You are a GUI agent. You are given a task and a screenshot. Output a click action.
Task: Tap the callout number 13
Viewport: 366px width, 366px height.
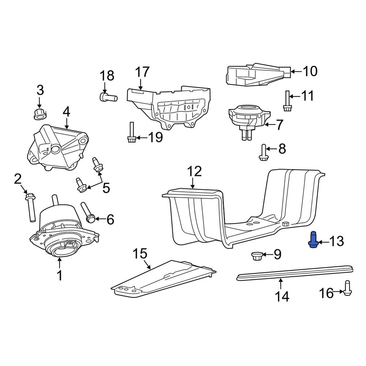point(336,241)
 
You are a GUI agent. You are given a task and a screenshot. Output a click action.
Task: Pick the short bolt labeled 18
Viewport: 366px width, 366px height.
point(108,97)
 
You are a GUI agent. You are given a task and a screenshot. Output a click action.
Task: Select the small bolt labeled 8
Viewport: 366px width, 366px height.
point(263,153)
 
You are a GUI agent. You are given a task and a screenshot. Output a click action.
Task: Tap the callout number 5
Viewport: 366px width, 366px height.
point(106,188)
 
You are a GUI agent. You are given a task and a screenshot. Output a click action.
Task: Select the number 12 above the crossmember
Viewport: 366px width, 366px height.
point(195,172)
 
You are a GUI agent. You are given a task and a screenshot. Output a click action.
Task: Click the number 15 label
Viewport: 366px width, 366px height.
point(140,254)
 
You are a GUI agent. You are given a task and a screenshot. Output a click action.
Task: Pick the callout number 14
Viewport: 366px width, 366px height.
point(282,296)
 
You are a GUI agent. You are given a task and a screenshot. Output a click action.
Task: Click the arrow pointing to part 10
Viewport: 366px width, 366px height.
point(296,71)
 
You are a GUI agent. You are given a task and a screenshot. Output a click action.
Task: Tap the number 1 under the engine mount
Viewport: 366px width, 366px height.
point(60,275)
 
